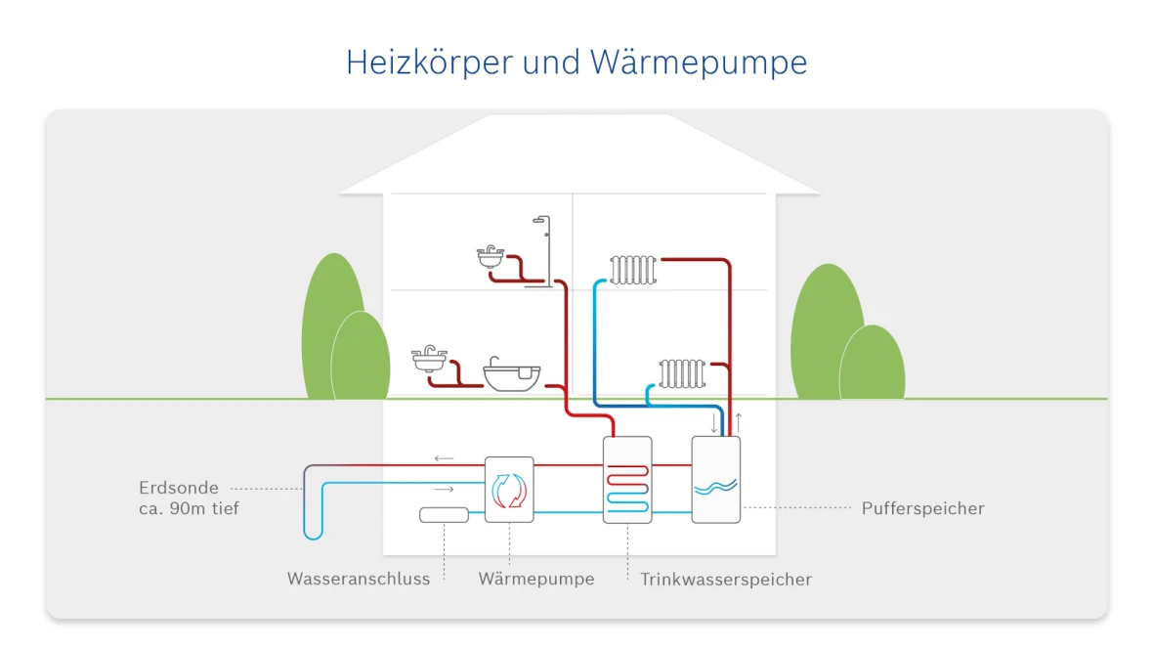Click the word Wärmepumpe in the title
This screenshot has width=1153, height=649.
tap(699, 63)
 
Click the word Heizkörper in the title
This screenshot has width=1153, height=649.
tap(429, 63)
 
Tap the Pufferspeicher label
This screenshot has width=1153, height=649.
tap(922, 508)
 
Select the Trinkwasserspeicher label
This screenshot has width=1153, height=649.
tap(725, 580)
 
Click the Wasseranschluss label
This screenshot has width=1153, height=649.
tap(359, 580)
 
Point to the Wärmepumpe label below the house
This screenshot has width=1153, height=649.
tap(535, 580)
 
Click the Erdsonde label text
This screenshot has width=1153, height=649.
tap(179, 488)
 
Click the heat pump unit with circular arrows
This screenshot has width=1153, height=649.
tap(509, 489)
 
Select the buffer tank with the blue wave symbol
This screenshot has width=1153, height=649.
tap(715, 480)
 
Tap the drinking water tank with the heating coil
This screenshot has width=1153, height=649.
tap(627, 480)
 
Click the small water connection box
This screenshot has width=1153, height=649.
tap(445, 515)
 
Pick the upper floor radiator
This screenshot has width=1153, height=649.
tap(632, 270)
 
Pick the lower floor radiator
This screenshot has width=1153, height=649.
tap(681, 373)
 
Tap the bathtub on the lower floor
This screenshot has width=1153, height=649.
tap(512, 376)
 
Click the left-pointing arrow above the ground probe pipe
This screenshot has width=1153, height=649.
tap(444, 457)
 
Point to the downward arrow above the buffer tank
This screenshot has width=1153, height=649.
tap(714, 423)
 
